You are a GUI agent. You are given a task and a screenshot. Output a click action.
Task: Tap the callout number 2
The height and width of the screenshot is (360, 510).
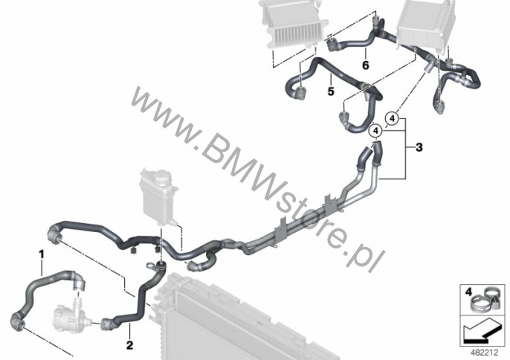[129, 345]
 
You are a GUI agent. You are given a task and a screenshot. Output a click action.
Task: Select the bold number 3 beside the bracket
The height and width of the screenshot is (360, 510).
[419, 148]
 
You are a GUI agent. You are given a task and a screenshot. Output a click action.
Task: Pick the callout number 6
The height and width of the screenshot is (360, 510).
[365, 65]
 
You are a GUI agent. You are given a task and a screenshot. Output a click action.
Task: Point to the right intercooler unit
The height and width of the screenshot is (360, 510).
[427, 25]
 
